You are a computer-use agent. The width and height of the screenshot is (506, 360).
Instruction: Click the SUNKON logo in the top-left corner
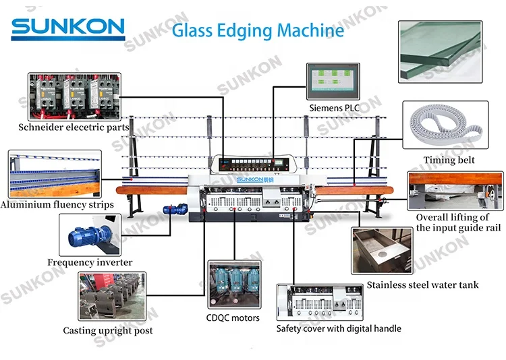coord(67,28)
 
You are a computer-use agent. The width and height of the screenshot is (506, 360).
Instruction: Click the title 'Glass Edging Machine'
coord(258,30)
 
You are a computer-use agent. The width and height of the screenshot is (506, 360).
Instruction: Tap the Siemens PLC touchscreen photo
coord(333,80)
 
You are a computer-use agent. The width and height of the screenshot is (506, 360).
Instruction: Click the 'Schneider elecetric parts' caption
coord(74,127)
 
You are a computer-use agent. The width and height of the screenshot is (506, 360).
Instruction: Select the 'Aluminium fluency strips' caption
coord(57,204)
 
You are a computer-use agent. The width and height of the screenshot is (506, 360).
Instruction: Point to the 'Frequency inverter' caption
coord(90,262)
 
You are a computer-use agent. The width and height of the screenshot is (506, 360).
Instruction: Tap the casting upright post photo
coord(107,296)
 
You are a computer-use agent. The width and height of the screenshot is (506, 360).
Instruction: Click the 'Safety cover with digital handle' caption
coord(339,329)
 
